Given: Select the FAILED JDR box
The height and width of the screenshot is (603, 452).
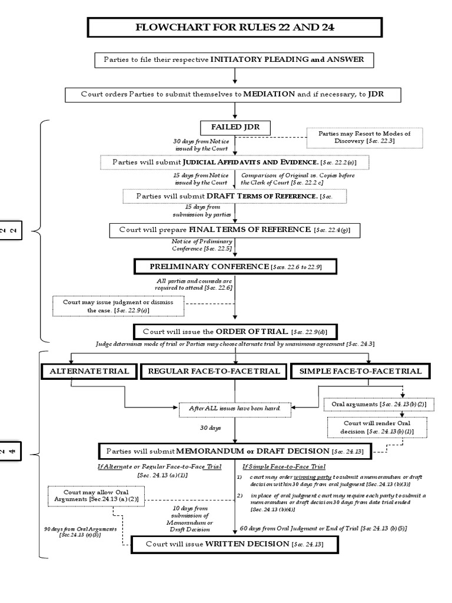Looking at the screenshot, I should (235, 127).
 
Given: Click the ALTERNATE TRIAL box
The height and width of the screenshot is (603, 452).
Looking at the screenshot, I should (88, 371).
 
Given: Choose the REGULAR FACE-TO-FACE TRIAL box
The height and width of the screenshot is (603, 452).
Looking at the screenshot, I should (214, 371).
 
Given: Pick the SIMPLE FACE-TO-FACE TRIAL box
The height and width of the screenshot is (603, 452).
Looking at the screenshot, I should (360, 371).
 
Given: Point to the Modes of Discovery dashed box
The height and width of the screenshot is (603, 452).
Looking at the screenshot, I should (364, 138).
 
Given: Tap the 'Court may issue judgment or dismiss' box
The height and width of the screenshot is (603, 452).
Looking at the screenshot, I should (118, 306).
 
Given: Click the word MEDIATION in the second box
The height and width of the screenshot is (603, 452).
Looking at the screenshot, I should (265, 93).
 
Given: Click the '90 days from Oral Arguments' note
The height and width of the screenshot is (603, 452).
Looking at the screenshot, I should (80, 532).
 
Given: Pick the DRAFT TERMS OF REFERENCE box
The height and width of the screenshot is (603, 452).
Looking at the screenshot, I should (235, 196).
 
